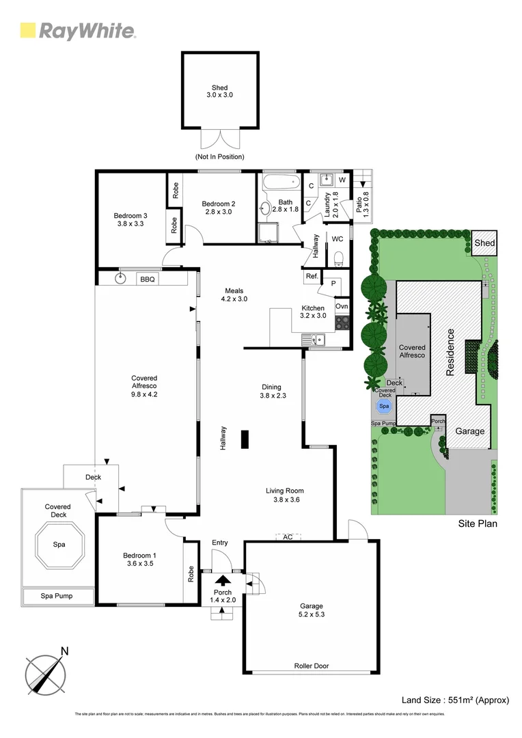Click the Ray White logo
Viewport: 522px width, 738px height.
77,31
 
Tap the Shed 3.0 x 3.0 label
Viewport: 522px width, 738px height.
219,92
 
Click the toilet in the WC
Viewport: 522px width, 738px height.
339,257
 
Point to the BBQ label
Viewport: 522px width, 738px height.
147,279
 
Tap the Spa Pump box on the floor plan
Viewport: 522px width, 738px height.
58,597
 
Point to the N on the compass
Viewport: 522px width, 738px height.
64,651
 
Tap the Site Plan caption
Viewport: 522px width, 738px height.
477,524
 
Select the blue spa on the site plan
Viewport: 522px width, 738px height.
384,407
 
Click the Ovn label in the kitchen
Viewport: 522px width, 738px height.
342,306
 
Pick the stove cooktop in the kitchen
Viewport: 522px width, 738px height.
342,322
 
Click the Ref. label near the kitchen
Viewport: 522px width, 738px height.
312,276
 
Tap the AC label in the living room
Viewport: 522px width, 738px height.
288,537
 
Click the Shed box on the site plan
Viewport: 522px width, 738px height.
484,243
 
